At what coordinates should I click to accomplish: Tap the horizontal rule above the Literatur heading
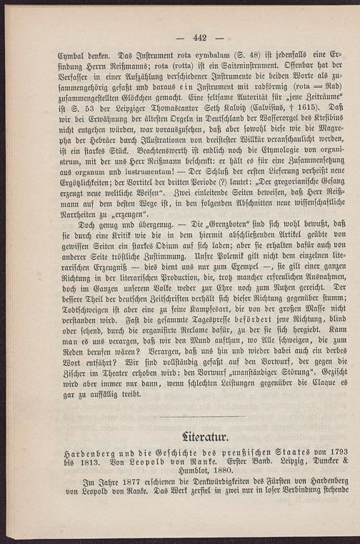click(x=202, y=416)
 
